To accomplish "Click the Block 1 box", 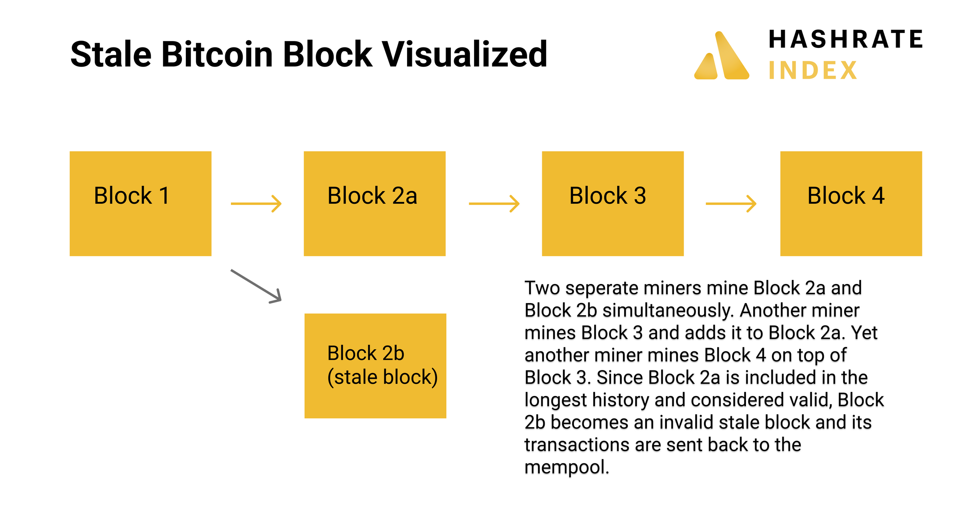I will (x=140, y=203).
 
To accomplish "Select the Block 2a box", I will (x=374, y=203).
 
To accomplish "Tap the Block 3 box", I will (x=612, y=203).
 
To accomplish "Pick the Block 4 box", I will (x=851, y=203).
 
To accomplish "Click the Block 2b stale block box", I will (x=375, y=366).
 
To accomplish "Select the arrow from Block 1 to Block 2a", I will (x=256, y=204).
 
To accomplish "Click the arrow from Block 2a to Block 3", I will (x=494, y=204).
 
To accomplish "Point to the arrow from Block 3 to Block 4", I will (x=731, y=204).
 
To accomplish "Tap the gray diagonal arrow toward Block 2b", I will (x=256, y=286).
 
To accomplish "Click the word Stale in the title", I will (x=111, y=54).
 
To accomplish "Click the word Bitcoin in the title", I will (x=217, y=54).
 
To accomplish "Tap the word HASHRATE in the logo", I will (x=846, y=39).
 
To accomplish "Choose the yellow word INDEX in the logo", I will (x=813, y=71).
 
